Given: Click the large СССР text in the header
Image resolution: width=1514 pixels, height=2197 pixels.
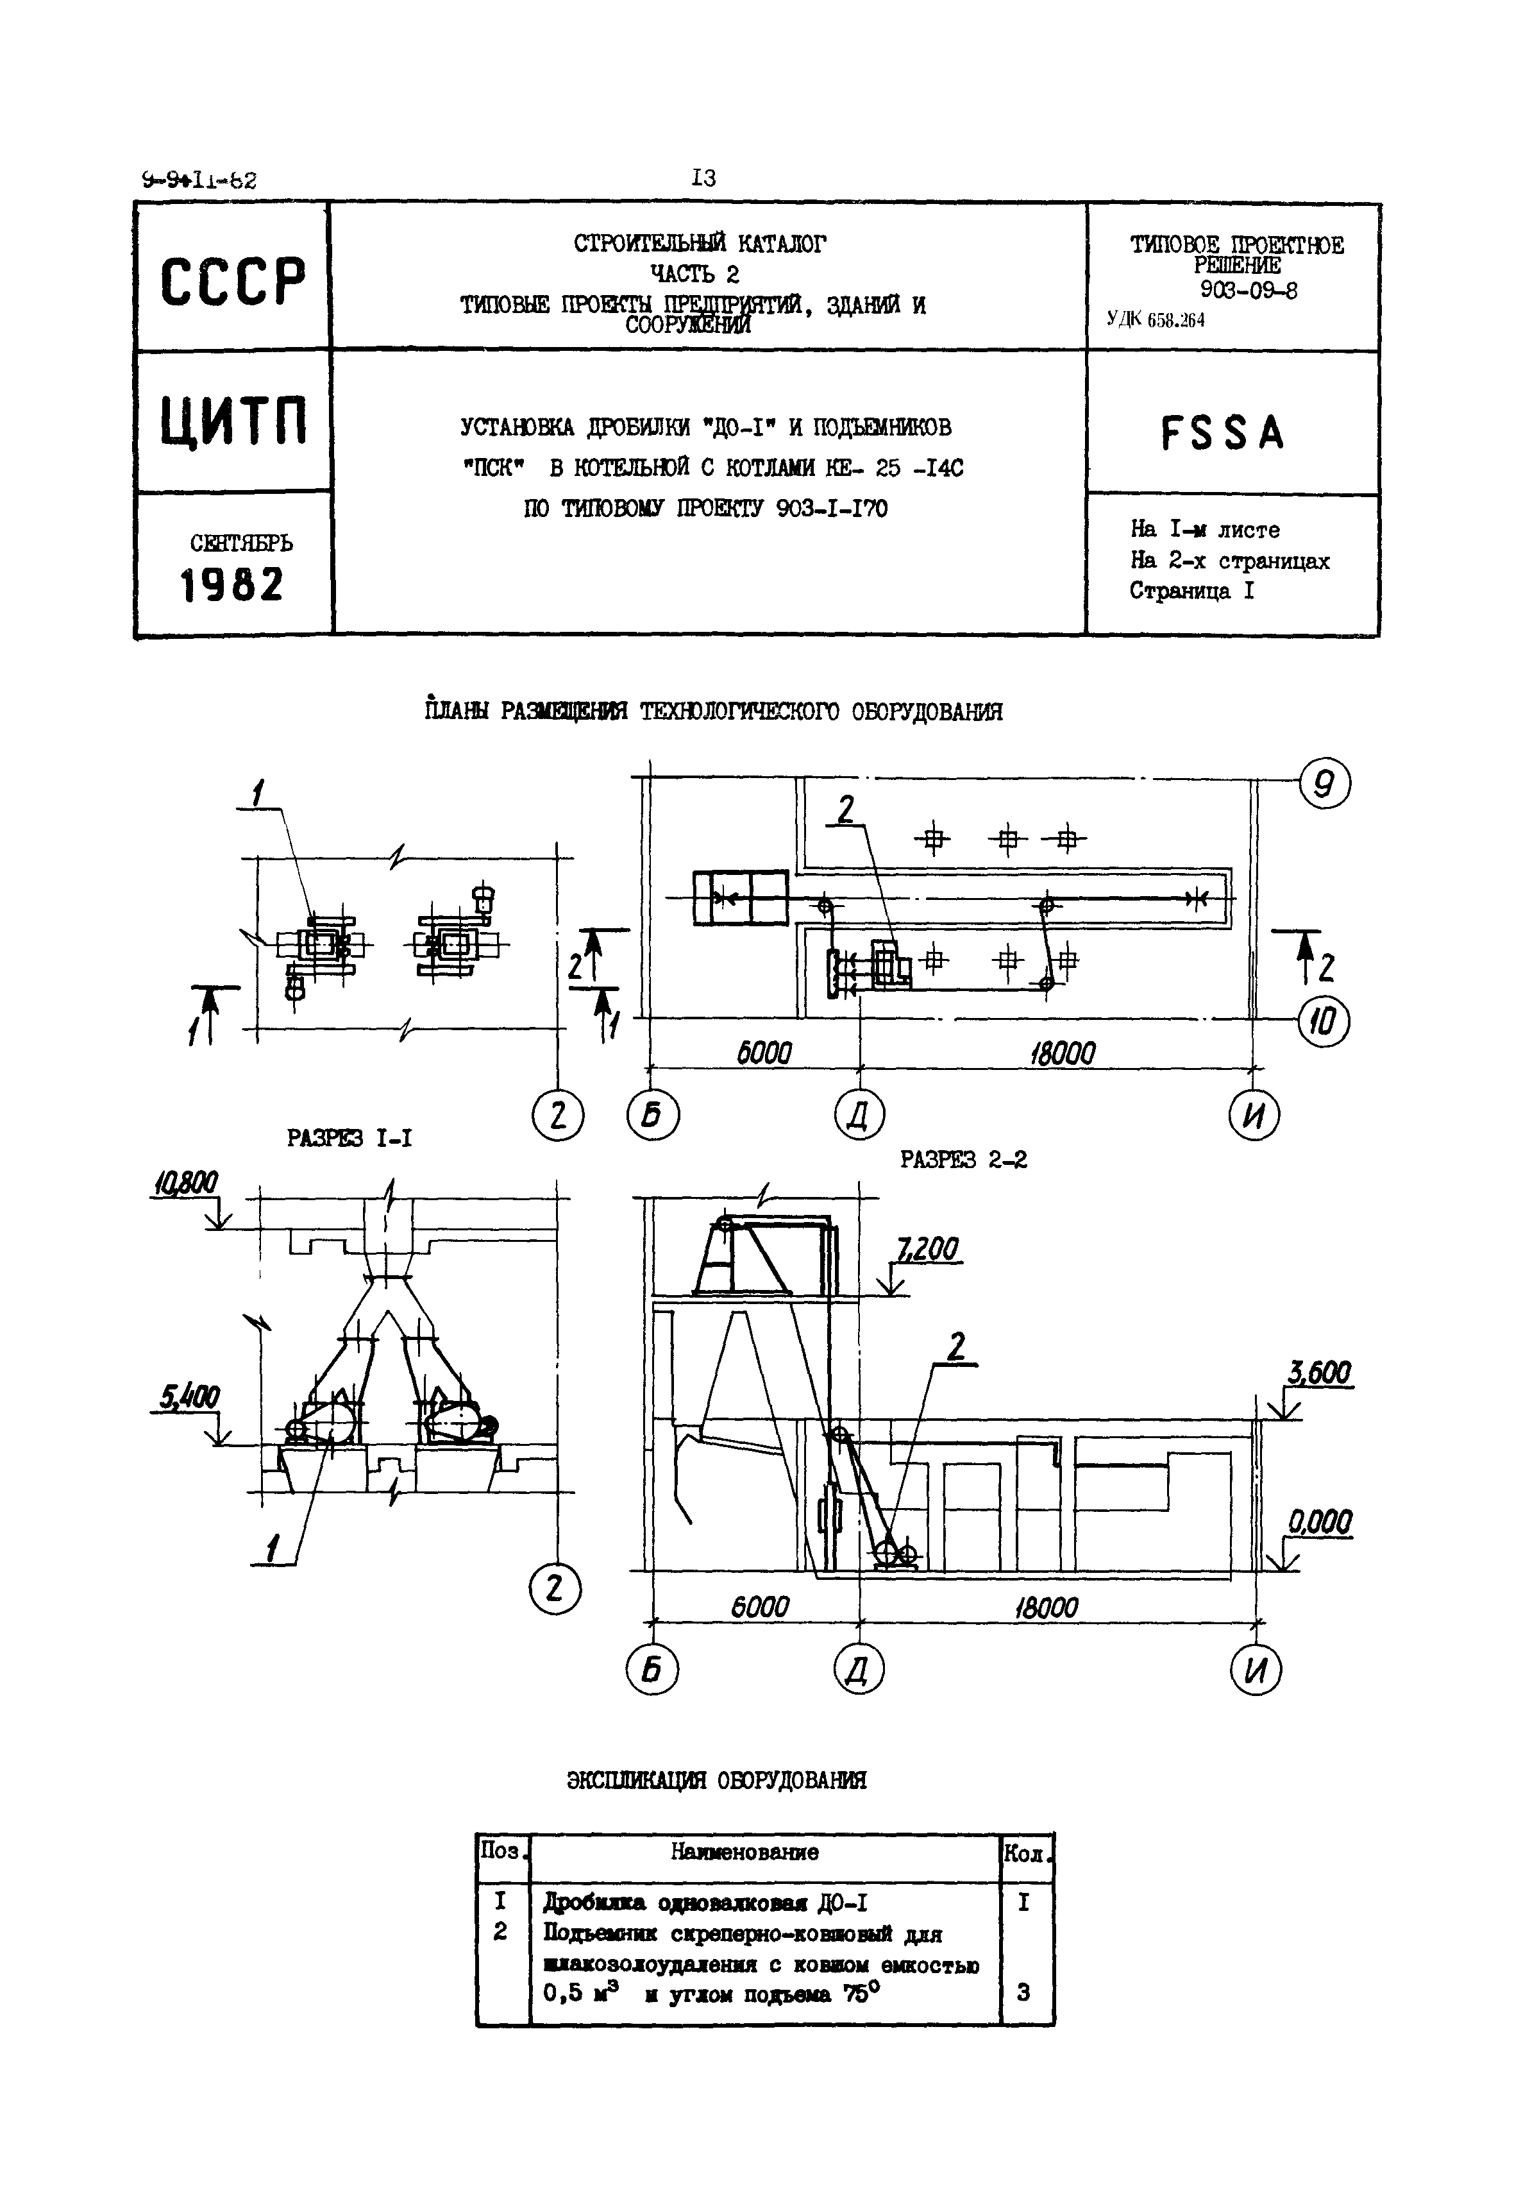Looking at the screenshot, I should pyautogui.click(x=233, y=281).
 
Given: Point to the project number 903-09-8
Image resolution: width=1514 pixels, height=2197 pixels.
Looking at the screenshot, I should pyautogui.click(x=1249, y=291).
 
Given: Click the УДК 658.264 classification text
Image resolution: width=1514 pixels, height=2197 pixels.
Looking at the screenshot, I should pyautogui.click(x=1156, y=321).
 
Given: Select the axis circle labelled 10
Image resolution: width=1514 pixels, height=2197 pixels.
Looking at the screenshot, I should pyautogui.click(x=1324, y=1022).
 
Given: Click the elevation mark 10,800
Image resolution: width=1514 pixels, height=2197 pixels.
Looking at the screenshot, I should pyautogui.click(x=184, y=1183).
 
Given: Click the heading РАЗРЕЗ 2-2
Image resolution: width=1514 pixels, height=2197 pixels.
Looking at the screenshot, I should pyautogui.click(x=963, y=1160).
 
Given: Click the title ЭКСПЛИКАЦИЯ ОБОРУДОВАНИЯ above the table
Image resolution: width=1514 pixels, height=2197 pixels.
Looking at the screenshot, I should pyautogui.click(x=716, y=1781).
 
